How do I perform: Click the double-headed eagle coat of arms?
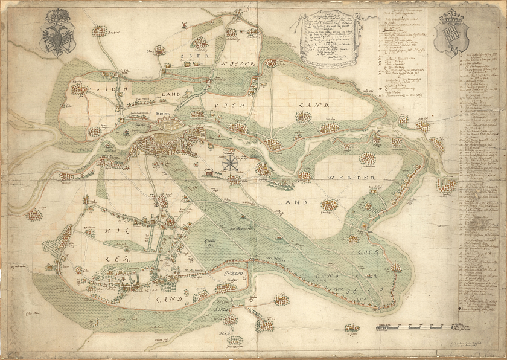pos(57,39)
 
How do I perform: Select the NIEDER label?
pos(243,63)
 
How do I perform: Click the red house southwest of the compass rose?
pos(209,173)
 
